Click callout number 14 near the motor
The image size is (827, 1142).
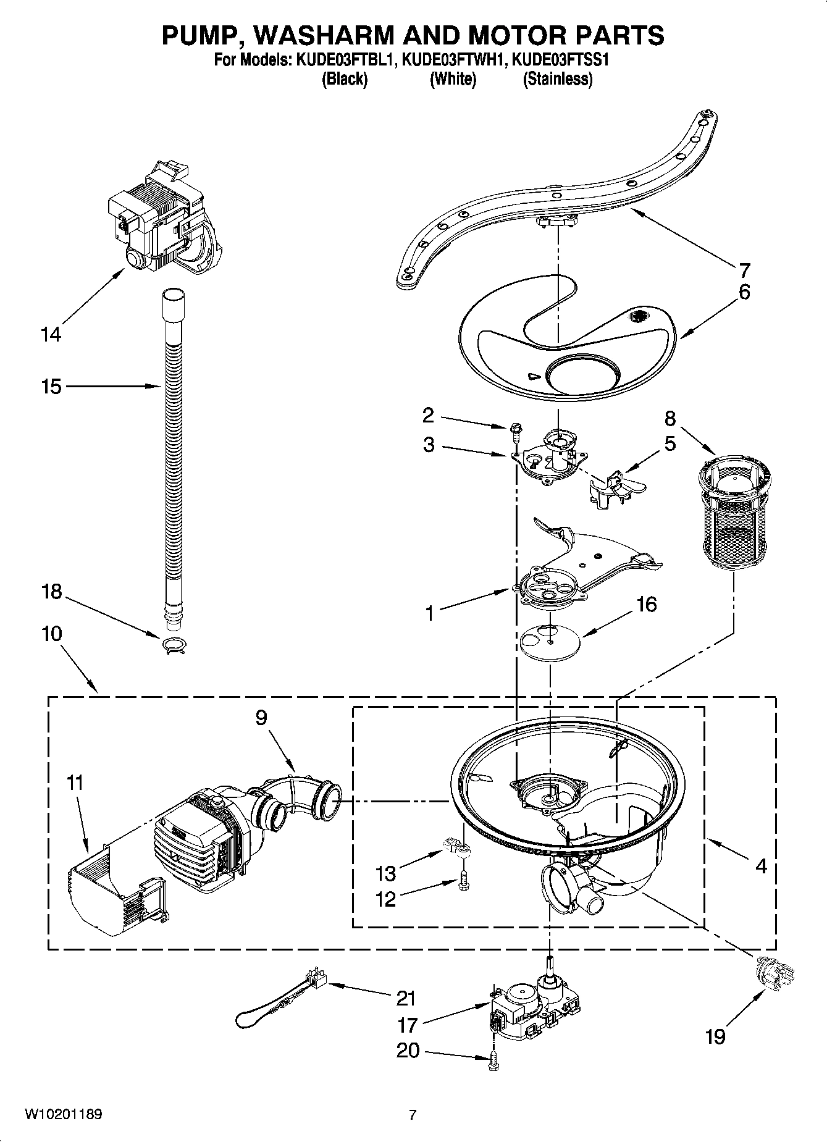click(x=51, y=335)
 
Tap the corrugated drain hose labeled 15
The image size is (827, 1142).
click(x=174, y=445)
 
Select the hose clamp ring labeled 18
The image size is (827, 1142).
click(x=174, y=645)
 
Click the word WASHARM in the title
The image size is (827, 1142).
click(x=324, y=35)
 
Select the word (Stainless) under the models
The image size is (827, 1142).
click(x=557, y=79)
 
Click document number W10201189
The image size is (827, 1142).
click(x=64, y=1115)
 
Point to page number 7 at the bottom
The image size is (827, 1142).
click(x=413, y=1115)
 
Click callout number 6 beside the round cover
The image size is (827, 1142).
click(x=744, y=292)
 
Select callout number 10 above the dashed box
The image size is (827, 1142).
click(x=52, y=634)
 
